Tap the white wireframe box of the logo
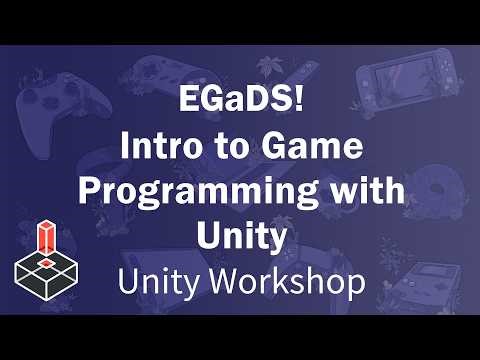tap(44, 269)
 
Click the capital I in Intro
tap(127, 146)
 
